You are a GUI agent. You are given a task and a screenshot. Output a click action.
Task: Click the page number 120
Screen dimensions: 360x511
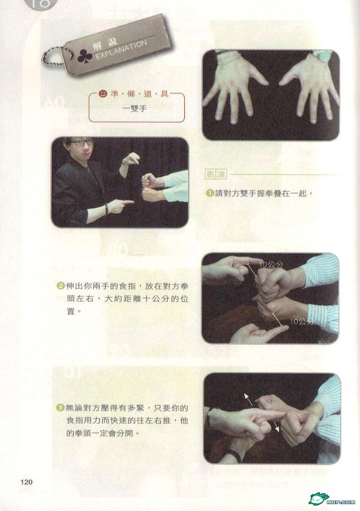tap(26, 482)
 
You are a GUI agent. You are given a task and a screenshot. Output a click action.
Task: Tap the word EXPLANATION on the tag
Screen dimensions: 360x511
tap(121, 50)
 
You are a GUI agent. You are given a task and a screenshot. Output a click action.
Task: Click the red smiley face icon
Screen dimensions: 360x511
tap(103, 94)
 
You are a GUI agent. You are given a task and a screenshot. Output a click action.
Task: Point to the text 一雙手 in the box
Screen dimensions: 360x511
tap(135, 109)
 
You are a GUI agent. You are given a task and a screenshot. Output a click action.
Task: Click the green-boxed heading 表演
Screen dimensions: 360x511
tap(216, 174)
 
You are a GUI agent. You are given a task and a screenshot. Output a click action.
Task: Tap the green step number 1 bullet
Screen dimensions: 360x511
tap(210, 193)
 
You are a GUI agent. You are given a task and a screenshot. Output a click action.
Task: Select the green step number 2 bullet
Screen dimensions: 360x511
tap(61, 287)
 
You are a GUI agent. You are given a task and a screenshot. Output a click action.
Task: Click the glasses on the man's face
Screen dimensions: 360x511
tap(80, 143)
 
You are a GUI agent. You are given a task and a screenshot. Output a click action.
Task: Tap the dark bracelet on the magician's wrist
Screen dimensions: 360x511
tap(106, 209)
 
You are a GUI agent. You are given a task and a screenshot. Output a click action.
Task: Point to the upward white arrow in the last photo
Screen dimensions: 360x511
tap(248, 399)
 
